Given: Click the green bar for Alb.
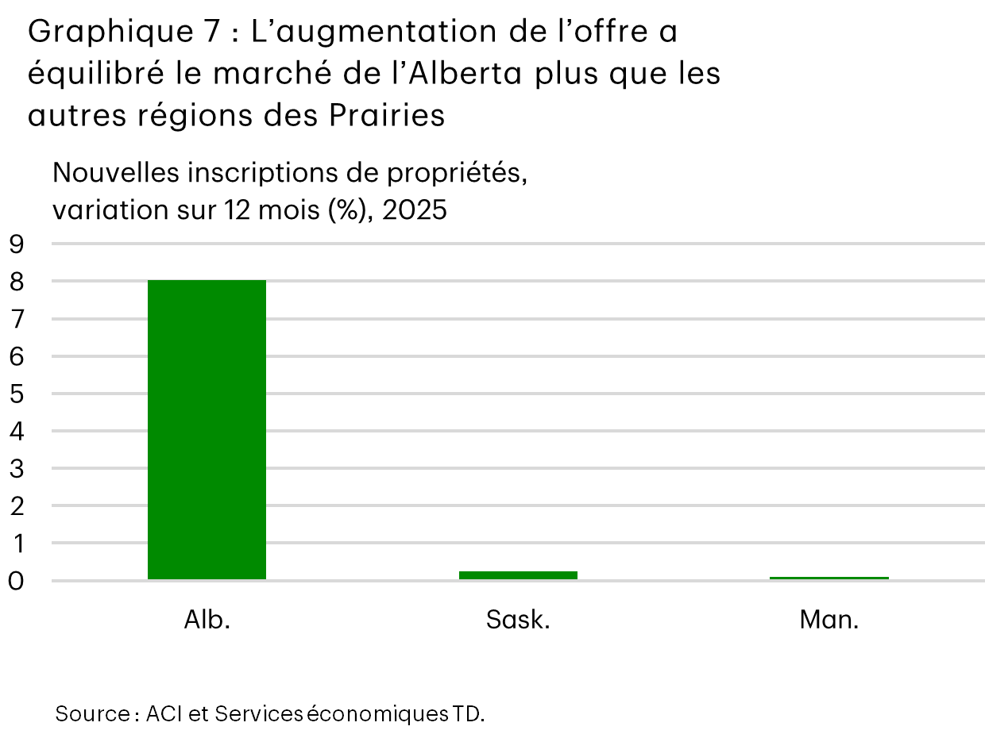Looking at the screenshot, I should (207, 429).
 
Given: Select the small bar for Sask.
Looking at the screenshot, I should (518, 575).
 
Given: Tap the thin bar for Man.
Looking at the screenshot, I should (829, 578).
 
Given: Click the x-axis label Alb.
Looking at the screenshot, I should (207, 620).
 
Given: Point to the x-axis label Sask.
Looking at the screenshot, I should (518, 620).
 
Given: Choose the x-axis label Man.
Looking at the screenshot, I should (829, 620).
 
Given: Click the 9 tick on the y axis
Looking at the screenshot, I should (17, 244).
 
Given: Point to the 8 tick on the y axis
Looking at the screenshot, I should (17, 282).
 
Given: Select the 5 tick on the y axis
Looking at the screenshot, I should (17, 394).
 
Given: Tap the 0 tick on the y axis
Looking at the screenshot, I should (17, 582).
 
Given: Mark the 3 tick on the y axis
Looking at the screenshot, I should (17, 469).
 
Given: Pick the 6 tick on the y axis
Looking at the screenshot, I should (17, 357).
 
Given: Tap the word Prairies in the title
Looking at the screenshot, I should (386, 116).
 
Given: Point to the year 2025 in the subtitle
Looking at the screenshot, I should (414, 211).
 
